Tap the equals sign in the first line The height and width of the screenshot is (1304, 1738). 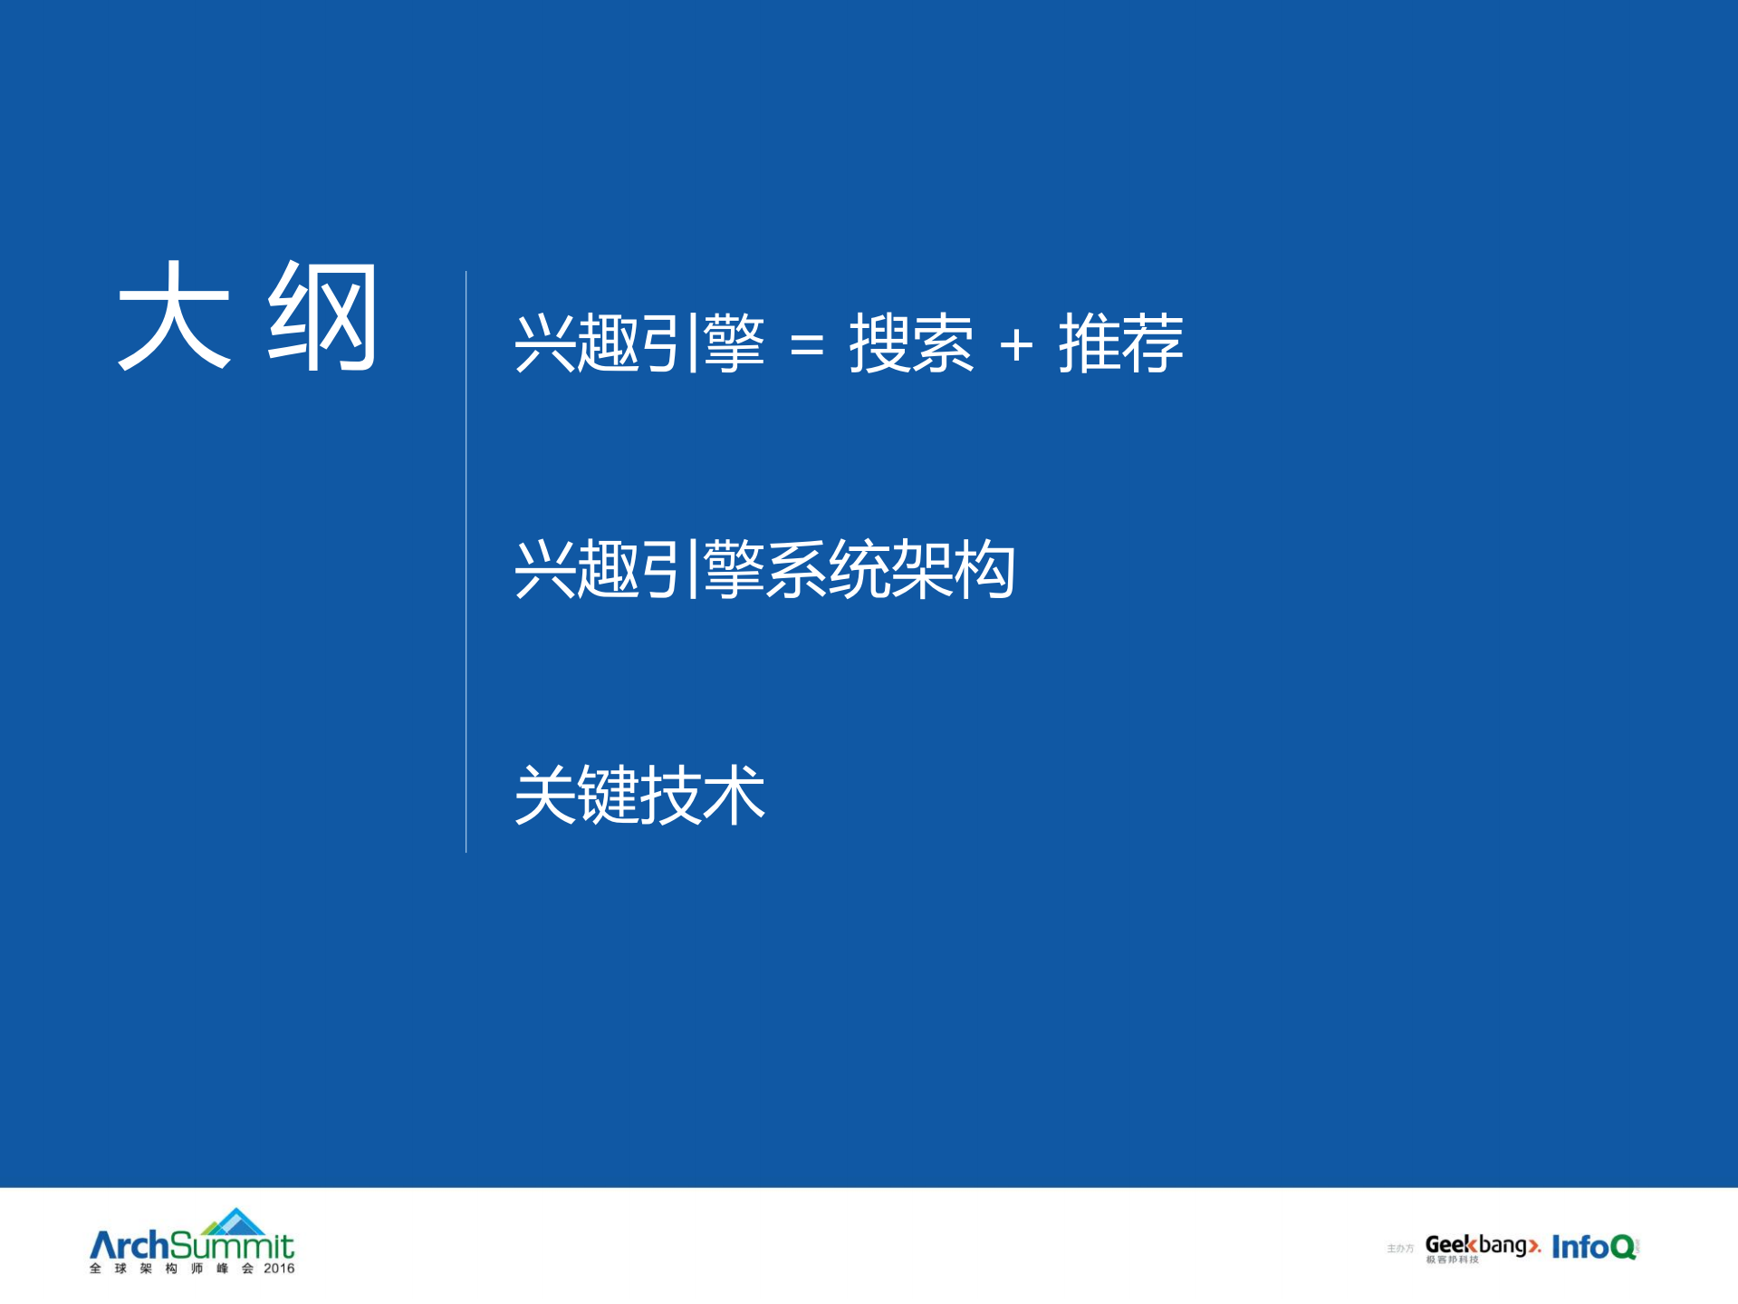806,345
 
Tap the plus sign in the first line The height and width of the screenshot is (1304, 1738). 1016,345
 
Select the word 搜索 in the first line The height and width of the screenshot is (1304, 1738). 910,343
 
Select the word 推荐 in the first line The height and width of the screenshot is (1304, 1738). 1120,343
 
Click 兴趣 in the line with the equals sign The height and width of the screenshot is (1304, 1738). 576,343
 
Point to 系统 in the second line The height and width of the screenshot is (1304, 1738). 827,570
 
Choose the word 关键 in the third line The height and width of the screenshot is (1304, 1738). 576,795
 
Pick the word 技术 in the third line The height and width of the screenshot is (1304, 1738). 702,795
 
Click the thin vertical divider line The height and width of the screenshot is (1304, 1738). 466,562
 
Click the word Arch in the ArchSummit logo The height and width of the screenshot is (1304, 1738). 129,1246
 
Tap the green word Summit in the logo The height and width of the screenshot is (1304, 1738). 232,1246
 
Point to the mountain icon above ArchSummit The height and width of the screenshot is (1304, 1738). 235,1221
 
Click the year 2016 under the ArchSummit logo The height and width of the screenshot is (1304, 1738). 279,1269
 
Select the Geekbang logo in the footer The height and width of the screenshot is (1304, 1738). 1482,1246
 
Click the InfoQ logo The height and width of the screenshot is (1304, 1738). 1594,1247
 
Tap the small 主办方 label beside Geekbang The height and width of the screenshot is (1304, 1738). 1399,1249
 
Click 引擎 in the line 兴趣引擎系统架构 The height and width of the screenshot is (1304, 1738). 702,570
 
